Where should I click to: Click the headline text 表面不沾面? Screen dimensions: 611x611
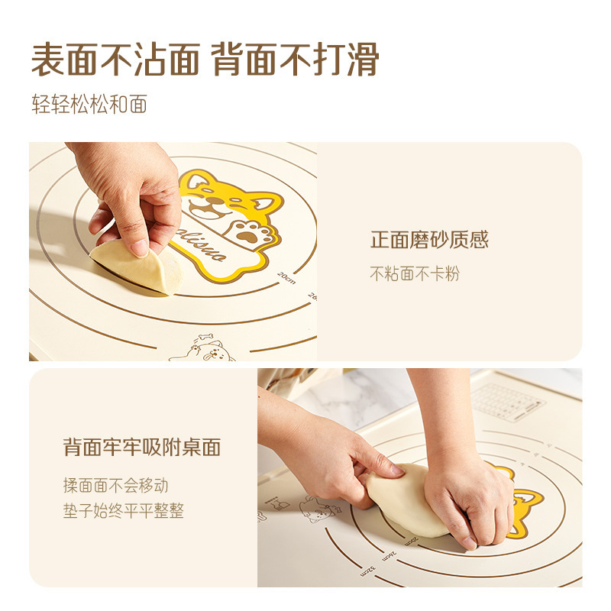pyautogui.click(x=115, y=60)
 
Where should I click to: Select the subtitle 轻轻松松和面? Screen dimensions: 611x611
pyautogui.click(x=89, y=104)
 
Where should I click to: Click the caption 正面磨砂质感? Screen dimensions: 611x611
pyautogui.click(x=429, y=241)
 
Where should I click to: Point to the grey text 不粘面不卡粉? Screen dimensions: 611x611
pyautogui.click(x=415, y=273)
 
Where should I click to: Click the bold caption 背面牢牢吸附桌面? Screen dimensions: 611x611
pyautogui.click(x=141, y=448)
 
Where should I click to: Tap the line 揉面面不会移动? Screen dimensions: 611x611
pyautogui.click(x=115, y=485)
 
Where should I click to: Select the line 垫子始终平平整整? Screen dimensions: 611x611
pyautogui.click(x=124, y=511)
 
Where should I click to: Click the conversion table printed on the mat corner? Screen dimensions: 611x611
pyautogui.click(x=507, y=400)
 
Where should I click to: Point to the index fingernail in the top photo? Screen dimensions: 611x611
pyautogui.click(x=139, y=247)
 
